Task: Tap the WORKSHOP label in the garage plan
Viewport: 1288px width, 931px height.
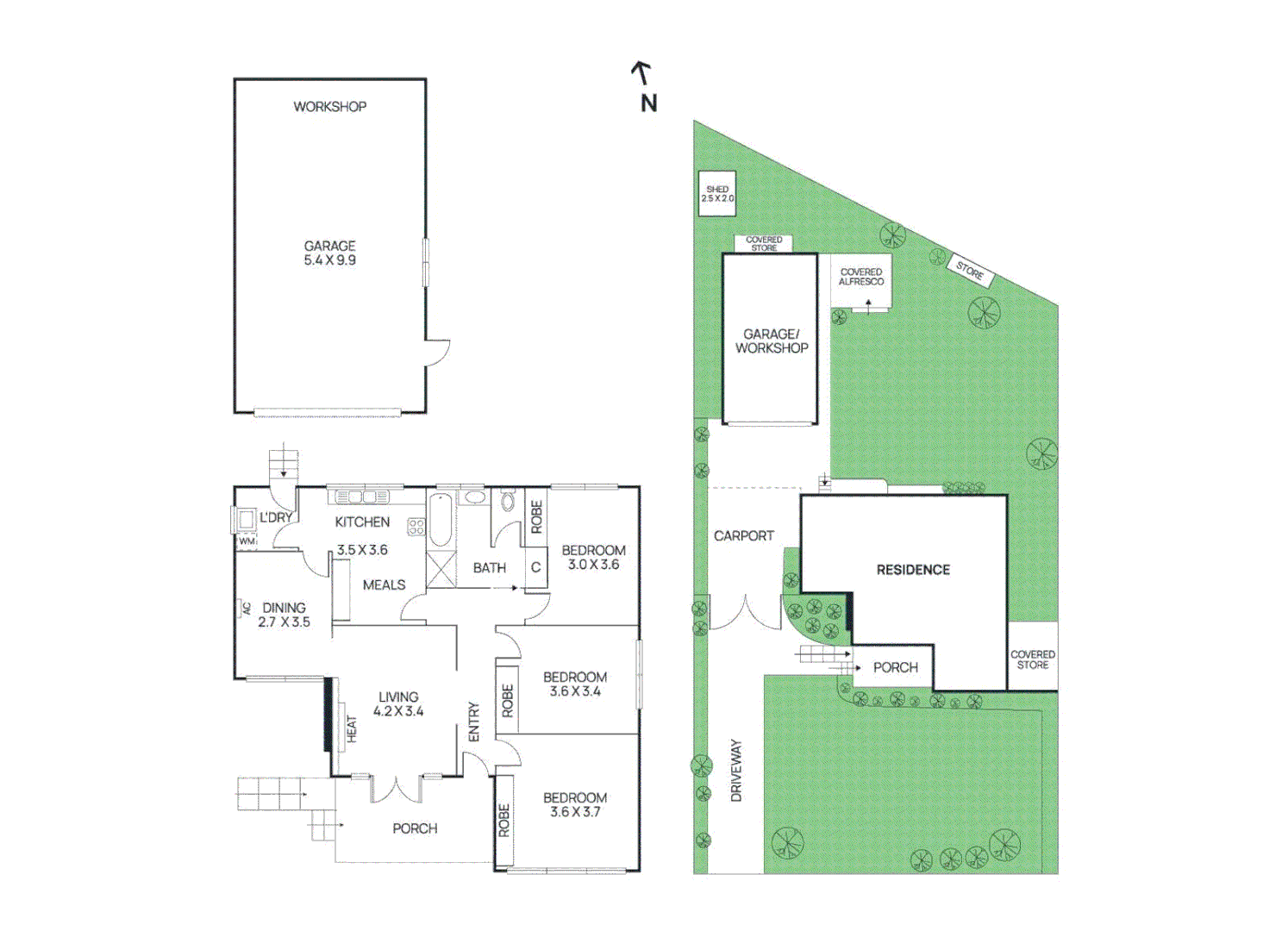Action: pyautogui.click(x=329, y=107)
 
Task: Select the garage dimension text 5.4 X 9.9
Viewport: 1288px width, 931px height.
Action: pyautogui.click(x=329, y=260)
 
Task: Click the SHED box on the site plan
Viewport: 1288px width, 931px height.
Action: pyautogui.click(x=716, y=194)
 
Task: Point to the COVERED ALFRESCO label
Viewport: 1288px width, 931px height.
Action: pyautogui.click(x=861, y=277)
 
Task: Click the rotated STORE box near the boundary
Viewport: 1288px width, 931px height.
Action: pyautogui.click(x=970, y=271)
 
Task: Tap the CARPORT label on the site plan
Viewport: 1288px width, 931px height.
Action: pyautogui.click(x=743, y=536)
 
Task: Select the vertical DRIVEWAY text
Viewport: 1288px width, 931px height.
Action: pyautogui.click(x=736, y=770)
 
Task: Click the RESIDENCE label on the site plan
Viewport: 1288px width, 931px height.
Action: pyautogui.click(x=913, y=570)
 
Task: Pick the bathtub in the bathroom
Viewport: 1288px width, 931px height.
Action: pyautogui.click(x=440, y=520)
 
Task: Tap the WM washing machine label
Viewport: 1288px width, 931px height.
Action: pyautogui.click(x=247, y=541)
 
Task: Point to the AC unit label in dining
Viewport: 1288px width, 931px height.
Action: pyautogui.click(x=245, y=608)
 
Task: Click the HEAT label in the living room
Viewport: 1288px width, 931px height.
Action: pyautogui.click(x=352, y=728)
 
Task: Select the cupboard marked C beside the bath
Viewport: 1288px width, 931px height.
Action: pyautogui.click(x=535, y=567)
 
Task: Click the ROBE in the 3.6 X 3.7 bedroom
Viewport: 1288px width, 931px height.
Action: pyautogui.click(x=504, y=820)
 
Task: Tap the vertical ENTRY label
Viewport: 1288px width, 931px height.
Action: pyautogui.click(x=473, y=722)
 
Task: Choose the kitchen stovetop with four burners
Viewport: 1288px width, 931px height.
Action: pyautogui.click(x=416, y=526)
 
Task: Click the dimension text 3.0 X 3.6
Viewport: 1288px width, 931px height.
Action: pyautogui.click(x=593, y=565)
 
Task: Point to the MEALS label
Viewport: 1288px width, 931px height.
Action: pyautogui.click(x=384, y=585)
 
